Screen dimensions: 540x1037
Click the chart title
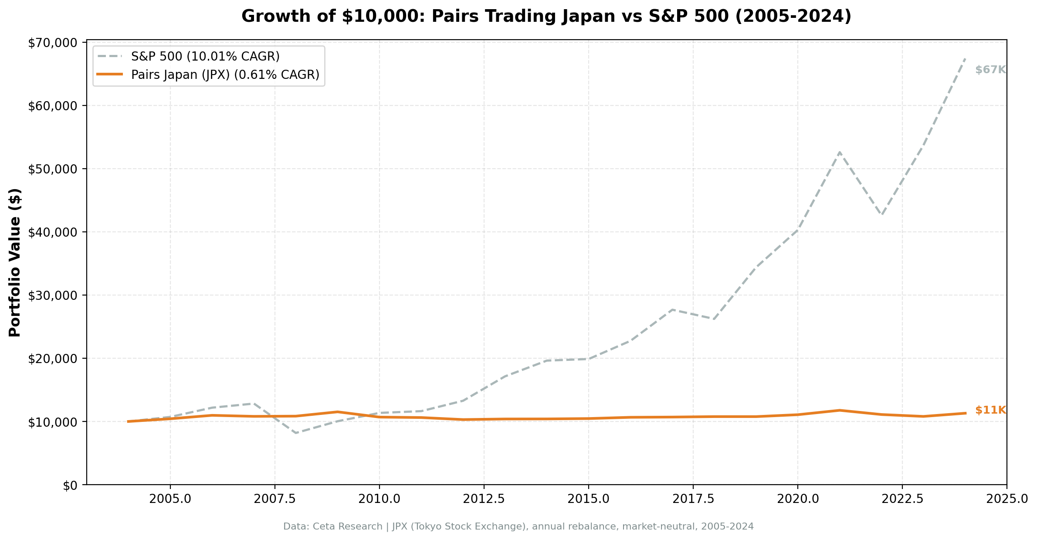click(x=546, y=17)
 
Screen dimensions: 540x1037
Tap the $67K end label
click(x=990, y=70)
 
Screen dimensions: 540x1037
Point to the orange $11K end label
click(x=990, y=410)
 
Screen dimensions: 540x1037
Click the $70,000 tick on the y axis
click(x=52, y=43)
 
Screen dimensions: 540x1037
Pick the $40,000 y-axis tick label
click(x=52, y=232)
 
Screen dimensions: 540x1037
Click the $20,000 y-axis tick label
click(x=52, y=359)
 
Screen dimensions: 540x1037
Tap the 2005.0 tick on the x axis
click(x=170, y=499)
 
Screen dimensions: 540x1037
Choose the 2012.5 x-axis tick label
click(x=484, y=499)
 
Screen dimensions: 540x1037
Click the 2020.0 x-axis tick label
click(x=797, y=499)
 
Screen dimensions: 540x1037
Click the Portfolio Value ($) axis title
click(x=15, y=262)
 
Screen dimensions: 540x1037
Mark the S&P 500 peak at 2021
click(x=839, y=152)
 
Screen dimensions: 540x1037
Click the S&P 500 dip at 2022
click(x=881, y=214)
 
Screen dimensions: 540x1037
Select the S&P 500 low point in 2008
click(x=296, y=433)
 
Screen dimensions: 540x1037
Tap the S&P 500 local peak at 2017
click(x=672, y=309)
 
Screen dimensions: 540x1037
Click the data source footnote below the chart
click(x=518, y=526)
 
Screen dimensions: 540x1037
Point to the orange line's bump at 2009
click(x=337, y=411)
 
